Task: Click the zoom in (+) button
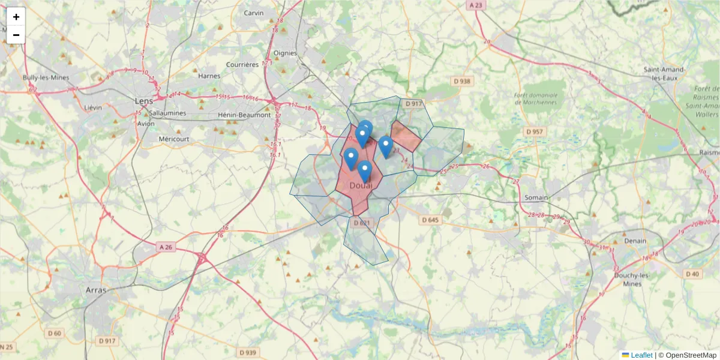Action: coord(16,17)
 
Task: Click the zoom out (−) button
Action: coord(16,35)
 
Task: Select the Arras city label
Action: coord(96,290)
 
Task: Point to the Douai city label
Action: coord(361,185)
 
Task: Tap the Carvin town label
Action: coord(254,13)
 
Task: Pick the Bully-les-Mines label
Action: coord(46,78)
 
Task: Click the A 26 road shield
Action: coord(166,247)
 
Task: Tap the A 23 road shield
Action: coord(476,5)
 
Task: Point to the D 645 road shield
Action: coord(430,220)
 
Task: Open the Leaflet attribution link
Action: coord(641,355)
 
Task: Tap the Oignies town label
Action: coord(285,53)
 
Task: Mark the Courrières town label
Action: coord(242,65)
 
